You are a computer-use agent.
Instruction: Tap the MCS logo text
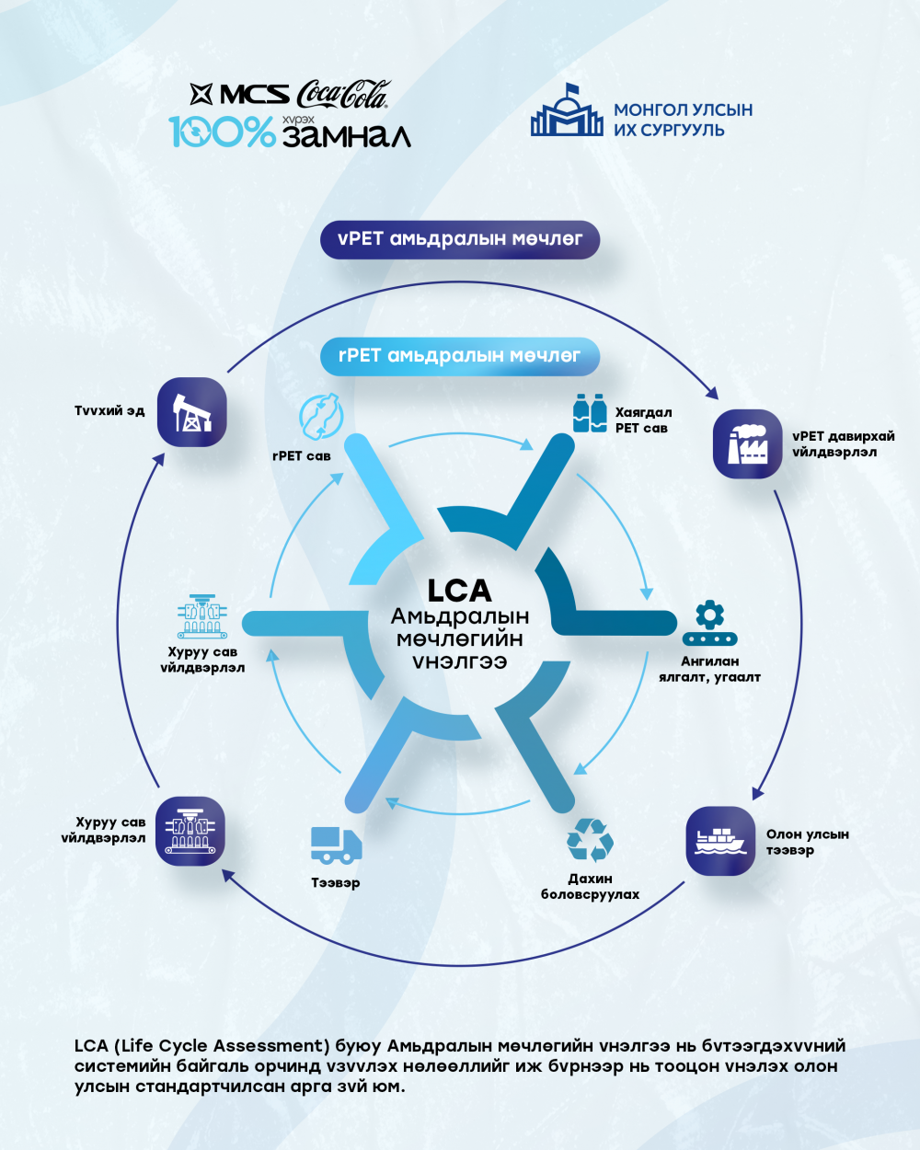point(255,94)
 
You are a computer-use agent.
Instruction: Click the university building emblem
point(567,109)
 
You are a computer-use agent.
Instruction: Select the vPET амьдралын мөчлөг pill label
point(460,239)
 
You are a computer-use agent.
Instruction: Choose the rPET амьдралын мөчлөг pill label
point(460,356)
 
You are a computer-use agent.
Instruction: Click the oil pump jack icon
point(192,412)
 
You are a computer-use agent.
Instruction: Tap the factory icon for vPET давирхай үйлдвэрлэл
point(747,443)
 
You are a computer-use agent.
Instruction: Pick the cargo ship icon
point(720,841)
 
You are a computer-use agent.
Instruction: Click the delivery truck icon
point(336,845)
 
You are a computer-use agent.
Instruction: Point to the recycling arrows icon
point(590,840)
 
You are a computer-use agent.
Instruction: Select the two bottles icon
point(590,412)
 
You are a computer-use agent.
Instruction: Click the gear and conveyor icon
point(710,623)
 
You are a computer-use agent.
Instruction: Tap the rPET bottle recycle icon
point(321,417)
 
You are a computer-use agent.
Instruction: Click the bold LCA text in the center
point(459,591)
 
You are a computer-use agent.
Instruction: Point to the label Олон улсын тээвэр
point(807,842)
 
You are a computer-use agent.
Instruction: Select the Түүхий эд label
point(109,410)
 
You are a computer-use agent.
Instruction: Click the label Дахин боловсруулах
point(590,886)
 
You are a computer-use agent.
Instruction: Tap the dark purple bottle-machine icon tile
point(190,831)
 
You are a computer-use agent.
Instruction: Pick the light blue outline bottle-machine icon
point(202,616)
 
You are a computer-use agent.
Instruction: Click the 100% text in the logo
point(222,132)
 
